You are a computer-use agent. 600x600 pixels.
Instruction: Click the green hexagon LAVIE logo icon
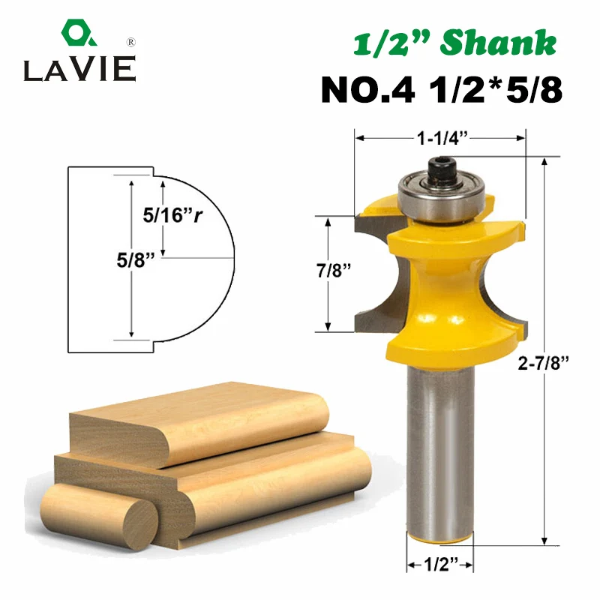click(x=79, y=32)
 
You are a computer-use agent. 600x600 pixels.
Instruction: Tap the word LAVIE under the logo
click(x=79, y=69)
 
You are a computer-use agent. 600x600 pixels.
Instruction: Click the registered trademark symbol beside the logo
click(x=130, y=42)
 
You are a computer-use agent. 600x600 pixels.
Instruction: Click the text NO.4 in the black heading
click(x=367, y=90)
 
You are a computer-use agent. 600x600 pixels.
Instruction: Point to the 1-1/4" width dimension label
click(x=442, y=138)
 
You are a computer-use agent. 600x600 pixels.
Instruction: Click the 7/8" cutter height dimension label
click(x=333, y=271)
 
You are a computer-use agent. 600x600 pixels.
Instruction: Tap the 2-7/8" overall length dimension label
click(x=543, y=362)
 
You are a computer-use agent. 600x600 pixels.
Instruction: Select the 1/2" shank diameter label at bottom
click(x=441, y=564)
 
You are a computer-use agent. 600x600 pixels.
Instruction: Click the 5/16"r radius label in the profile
click(x=172, y=215)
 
